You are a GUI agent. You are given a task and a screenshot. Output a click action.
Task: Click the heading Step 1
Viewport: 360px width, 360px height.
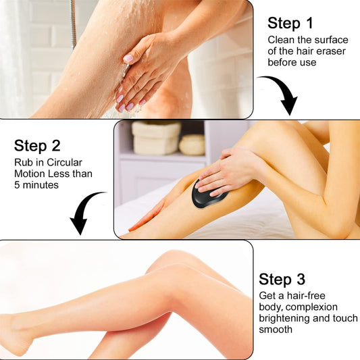coord(290,23)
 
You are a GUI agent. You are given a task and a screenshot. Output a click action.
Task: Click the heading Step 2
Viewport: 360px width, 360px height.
coord(38,145)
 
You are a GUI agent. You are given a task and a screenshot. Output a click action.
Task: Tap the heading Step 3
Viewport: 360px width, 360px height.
coord(282,279)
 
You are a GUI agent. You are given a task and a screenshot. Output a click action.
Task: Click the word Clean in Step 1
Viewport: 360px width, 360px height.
coord(281,40)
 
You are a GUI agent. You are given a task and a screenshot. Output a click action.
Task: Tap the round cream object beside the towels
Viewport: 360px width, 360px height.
coord(192,144)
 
